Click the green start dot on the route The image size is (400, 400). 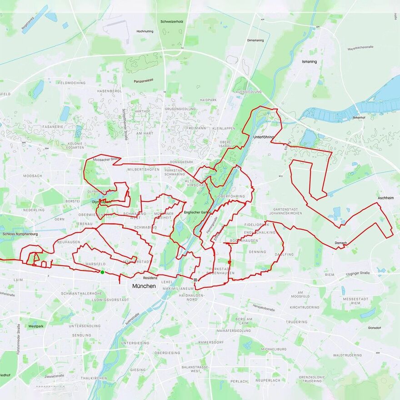[x=102, y=272]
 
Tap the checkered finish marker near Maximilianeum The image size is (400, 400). [x=195, y=280]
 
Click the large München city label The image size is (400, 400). [x=144, y=286]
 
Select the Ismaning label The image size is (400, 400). [x=310, y=61]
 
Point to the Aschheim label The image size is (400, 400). [x=385, y=199]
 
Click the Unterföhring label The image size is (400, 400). [x=264, y=137]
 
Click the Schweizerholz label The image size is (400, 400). [x=171, y=21]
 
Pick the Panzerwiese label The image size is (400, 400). [x=143, y=81]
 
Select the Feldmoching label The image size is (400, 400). [x=72, y=83]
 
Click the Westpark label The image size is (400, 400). [x=36, y=326]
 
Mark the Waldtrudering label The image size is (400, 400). [x=347, y=355]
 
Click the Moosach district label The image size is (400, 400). [x=33, y=175]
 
